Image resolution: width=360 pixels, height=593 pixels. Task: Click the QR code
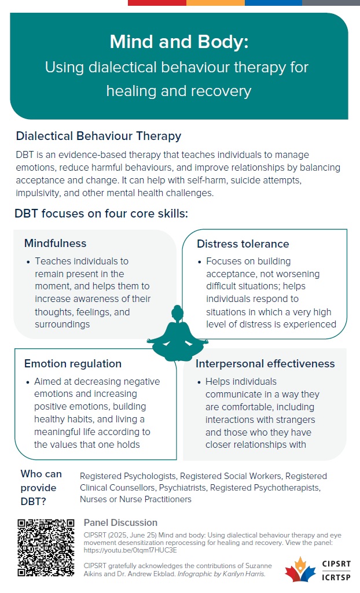46,548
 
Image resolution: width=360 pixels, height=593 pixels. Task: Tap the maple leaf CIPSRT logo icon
300,569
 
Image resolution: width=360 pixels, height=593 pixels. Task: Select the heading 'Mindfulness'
55,243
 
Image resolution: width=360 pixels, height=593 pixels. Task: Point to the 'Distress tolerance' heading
243,244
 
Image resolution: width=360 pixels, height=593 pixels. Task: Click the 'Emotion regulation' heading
73,364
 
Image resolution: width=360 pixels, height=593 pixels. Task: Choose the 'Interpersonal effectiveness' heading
265,364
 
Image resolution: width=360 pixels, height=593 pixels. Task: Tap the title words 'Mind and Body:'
179,42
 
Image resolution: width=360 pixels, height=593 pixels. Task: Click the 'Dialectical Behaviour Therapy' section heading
99,136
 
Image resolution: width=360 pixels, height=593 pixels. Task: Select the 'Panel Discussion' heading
120,522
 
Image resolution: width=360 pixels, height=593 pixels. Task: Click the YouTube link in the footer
130,550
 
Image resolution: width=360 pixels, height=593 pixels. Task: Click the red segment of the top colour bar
157,3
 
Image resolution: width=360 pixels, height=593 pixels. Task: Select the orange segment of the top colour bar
215,3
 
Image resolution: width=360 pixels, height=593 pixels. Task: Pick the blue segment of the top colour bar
273,3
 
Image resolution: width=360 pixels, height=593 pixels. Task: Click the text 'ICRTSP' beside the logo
336,577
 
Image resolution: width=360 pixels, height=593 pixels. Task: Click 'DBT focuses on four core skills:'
101,213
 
